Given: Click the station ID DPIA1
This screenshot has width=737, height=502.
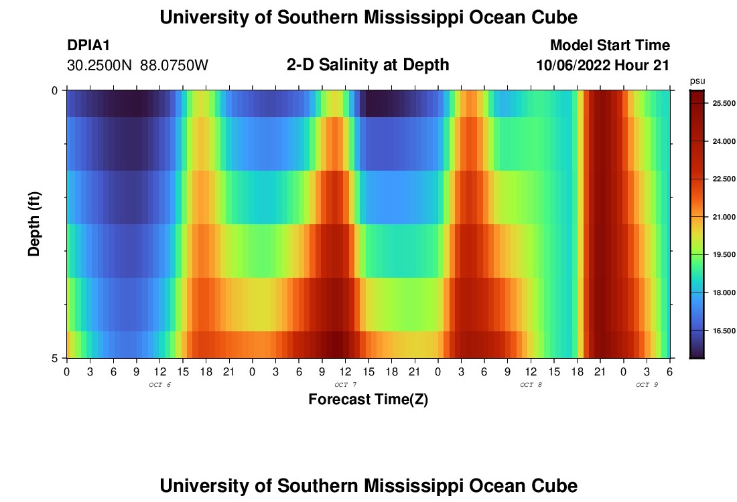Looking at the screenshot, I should (88, 46).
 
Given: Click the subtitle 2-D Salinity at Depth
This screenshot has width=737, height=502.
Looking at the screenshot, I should (368, 65).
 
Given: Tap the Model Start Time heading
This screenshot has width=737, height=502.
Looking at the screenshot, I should (610, 46).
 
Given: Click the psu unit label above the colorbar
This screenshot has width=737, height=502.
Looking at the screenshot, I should (697, 80).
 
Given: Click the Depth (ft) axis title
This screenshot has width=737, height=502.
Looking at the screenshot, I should (35, 224).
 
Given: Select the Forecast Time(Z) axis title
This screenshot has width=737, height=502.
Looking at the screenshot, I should (368, 400).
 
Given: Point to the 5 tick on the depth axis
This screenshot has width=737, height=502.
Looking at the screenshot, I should (55, 357).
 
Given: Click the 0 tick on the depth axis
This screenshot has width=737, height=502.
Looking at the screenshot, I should (55, 90).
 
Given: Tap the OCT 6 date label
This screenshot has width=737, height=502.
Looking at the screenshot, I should (159, 385).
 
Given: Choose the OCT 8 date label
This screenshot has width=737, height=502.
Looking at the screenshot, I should (531, 385).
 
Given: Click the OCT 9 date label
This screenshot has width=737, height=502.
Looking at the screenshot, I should (647, 385).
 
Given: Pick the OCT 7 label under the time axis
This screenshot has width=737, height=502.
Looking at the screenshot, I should (345, 385).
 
